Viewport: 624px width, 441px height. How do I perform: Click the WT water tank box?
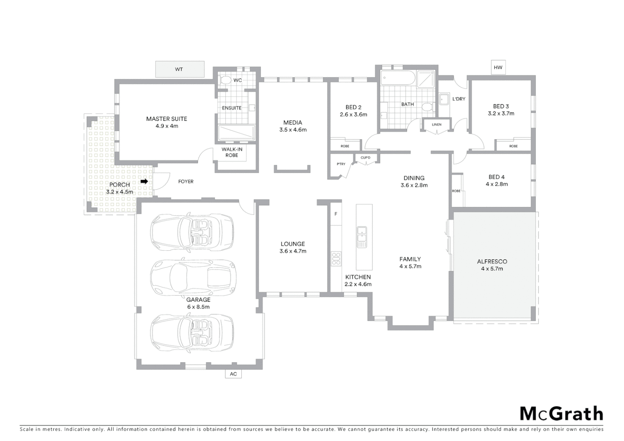(x=179, y=69)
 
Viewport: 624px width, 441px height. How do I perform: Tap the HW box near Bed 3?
(x=498, y=67)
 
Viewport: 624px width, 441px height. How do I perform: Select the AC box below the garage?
(x=233, y=374)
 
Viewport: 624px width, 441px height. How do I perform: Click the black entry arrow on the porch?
(x=144, y=181)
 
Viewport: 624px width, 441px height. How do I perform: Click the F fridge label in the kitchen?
(x=336, y=214)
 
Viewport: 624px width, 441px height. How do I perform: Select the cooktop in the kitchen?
(x=336, y=259)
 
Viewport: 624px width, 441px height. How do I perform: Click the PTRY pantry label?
(x=341, y=164)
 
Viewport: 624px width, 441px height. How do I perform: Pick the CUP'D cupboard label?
(x=365, y=158)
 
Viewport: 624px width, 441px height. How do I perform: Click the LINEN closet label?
(x=437, y=125)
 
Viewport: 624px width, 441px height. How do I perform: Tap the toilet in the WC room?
(x=224, y=80)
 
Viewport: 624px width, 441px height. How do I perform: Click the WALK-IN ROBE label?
(x=232, y=152)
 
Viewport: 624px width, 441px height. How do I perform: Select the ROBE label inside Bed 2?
(x=345, y=146)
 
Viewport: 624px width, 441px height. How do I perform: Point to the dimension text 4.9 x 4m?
(x=167, y=126)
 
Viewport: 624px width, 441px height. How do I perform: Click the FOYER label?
(x=186, y=181)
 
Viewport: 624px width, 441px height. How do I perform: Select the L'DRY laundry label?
(x=459, y=99)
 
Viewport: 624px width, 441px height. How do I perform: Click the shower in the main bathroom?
(x=426, y=80)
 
